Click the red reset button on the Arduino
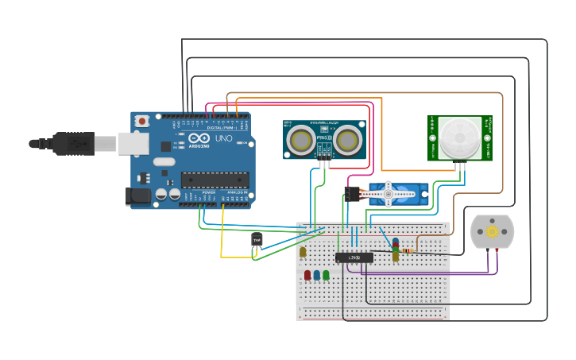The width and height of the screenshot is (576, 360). [142, 121]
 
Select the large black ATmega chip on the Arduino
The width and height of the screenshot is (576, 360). [215, 180]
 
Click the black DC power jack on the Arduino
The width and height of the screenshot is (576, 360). [137, 195]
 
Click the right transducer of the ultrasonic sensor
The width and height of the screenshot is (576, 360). [348, 140]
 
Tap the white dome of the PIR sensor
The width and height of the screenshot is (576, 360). [460, 137]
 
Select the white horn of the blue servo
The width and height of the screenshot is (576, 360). [387, 192]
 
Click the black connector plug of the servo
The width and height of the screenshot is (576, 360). [352, 193]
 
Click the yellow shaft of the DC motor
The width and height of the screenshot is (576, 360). [492, 231]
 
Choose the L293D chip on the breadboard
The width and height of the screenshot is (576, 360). [354, 257]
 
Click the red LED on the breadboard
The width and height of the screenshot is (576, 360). [307, 275]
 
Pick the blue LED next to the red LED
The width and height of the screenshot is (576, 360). [316, 275]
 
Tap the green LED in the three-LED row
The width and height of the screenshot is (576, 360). [326, 275]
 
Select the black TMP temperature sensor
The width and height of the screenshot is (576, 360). [257, 239]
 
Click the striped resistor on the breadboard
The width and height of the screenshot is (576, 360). [408, 250]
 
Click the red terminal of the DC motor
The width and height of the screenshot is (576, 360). [497, 250]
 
